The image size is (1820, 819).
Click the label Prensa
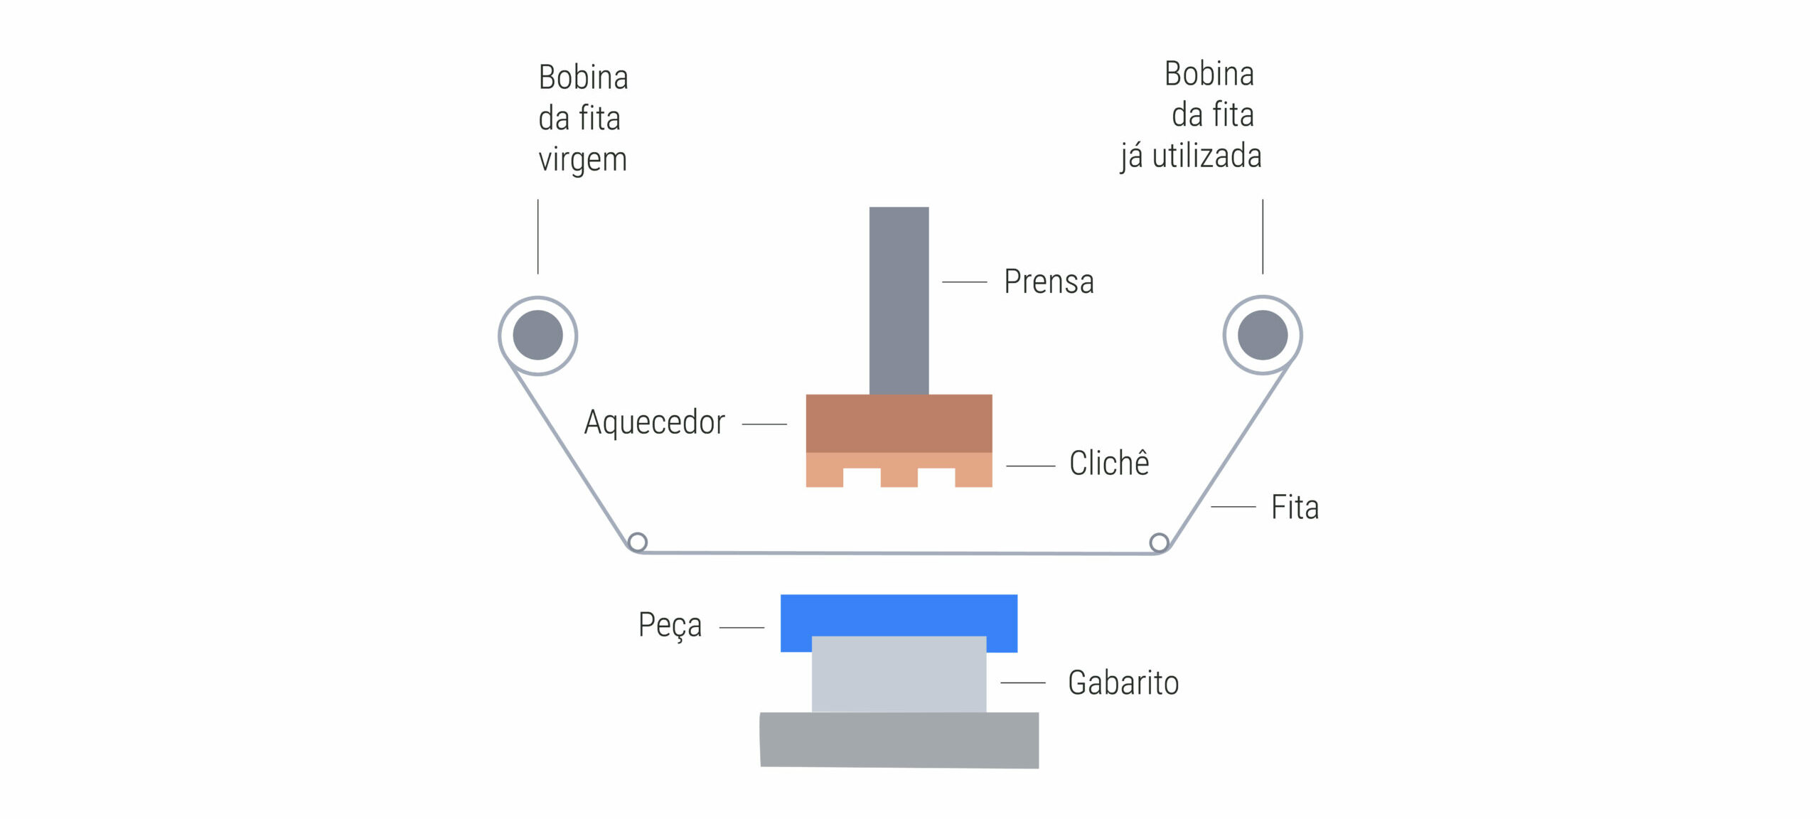[1049, 282]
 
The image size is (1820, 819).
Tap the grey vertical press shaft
[899, 301]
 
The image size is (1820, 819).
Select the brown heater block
[899, 424]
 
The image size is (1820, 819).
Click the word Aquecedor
[654, 422]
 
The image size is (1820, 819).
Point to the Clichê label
[1109, 463]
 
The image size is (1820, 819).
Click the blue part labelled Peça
[899, 615]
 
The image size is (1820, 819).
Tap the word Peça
[670, 626]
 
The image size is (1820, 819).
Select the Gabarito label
[1123, 682]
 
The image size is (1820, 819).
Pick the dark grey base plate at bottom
[899, 740]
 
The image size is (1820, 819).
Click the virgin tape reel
[537, 336]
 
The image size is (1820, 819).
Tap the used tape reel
[1263, 335]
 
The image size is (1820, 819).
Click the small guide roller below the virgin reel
[638, 542]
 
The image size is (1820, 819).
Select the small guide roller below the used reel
[1159, 543]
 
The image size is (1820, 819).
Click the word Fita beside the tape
[1295, 508]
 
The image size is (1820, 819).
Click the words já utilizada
[1191, 156]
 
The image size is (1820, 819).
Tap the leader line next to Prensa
[965, 282]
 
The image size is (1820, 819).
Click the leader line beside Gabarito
[1023, 682]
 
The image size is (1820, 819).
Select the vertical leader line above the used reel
[1263, 236]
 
